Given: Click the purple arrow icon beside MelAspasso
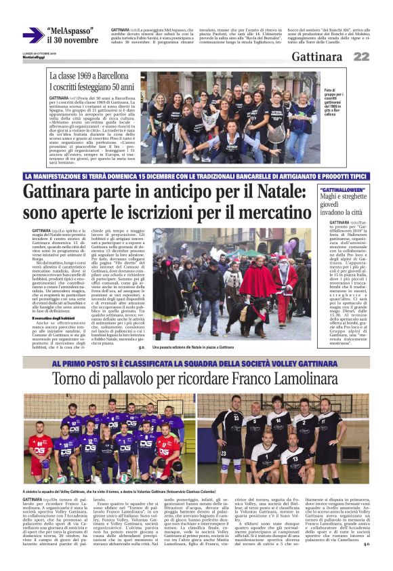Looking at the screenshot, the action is click(33, 35).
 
